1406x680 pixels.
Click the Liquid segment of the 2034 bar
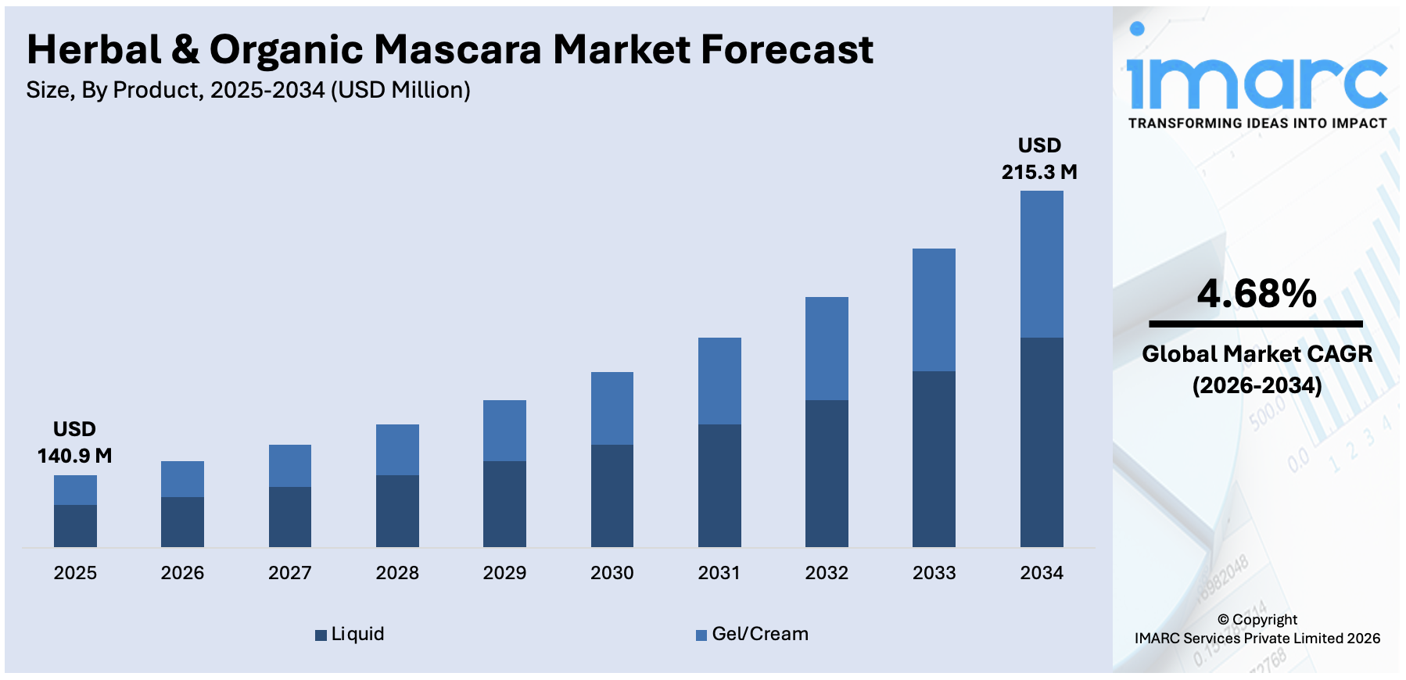click(x=1042, y=442)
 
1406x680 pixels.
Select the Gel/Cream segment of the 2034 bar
click(x=1042, y=264)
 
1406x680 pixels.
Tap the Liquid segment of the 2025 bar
click(x=75, y=525)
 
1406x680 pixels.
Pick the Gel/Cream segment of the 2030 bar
click(x=612, y=408)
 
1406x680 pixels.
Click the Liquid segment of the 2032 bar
click(x=827, y=473)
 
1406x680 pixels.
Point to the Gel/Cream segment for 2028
click(x=397, y=449)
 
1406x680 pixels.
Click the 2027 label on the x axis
click(x=290, y=573)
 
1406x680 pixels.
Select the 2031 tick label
click(x=719, y=573)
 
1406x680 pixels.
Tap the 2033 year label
click(x=934, y=573)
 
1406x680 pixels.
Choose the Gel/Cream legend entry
click(x=752, y=634)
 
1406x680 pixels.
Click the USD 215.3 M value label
click(x=1039, y=159)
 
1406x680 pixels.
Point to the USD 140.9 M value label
click(x=75, y=442)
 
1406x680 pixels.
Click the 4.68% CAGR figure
click(x=1257, y=294)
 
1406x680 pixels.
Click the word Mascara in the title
click(x=457, y=50)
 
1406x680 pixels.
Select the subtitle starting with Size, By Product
click(x=248, y=91)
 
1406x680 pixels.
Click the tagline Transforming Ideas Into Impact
click(x=1257, y=123)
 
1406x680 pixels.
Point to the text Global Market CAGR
click(x=1257, y=354)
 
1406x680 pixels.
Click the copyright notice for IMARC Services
click(x=1257, y=629)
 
